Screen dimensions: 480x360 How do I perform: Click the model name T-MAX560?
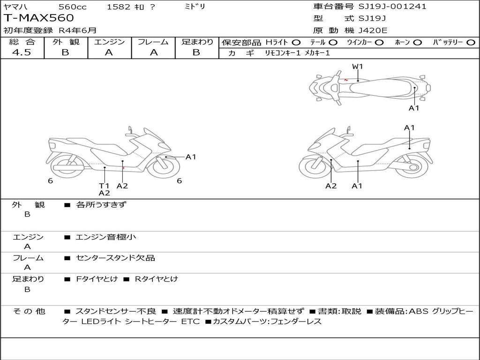tap(39, 18)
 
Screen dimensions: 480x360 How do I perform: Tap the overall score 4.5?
tap(22, 52)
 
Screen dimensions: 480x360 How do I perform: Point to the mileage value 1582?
tap(119, 7)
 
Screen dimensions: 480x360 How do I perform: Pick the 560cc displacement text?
tap(72, 7)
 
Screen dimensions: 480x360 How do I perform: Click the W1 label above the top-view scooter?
tap(358, 67)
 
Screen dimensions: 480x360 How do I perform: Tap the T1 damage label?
tap(104, 186)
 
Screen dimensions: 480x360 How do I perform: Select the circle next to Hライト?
tap(296, 42)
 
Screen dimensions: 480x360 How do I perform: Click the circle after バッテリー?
tap(471, 42)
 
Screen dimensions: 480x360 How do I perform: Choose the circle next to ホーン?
tap(418, 42)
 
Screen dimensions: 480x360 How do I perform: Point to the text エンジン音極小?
tap(105, 237)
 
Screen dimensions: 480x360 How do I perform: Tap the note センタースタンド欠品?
tap(115, 258)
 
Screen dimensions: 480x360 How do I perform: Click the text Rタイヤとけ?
tap(157, 279)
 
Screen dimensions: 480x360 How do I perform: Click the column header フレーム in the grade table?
tap(153, 42)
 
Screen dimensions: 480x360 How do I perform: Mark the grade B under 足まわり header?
tap(196, 52)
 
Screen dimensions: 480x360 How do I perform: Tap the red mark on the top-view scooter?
tap(345, 80)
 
